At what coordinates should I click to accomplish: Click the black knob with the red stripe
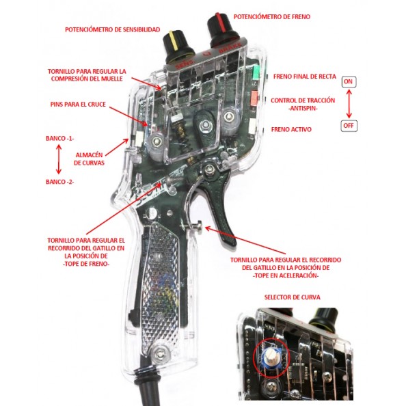pyautogui.click(x=223, y=30)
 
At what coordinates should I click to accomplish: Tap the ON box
pyautogui.click(x=349, y=82)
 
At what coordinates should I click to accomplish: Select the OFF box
pyautogui.click(x=349, y=126)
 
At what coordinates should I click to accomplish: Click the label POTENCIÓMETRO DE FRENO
pyautogui.click(x=272, y=17)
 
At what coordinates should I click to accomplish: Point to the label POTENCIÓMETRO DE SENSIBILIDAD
pyautogui.click(x=112, y=30)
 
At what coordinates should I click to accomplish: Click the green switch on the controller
pyautogui.click(x=256, y=72)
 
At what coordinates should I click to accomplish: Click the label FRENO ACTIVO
pyautogui.click(x=291, y=129)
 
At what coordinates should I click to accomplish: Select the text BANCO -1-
pyautogui.click(x=60, y=139)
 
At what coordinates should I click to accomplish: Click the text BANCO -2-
pyautogui.click(x=60, y=182)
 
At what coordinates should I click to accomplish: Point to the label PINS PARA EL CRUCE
pyautogui.click(x=78, y=105)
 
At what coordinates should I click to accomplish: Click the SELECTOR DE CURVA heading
pyautogui.click(x=293, y=297)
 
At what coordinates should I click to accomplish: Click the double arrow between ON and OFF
pyautogui.click(x=349, y=104)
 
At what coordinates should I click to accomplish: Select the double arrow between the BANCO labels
pyautogui.click(x=59, y=159)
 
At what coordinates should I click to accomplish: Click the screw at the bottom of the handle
pyautogui.click(x=161, y=353)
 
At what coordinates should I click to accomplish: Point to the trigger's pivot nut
pyautogui.click(x=208, y=170)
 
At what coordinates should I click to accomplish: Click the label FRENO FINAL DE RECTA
pyautogui.click(x=305, y=77)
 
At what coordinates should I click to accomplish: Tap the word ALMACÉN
pyautogui.click(x=89, y=155)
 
